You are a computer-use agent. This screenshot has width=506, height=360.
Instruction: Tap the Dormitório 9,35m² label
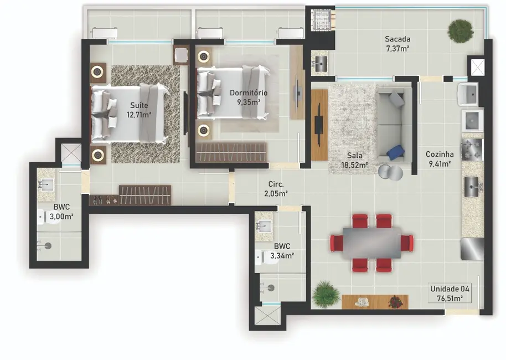tap(249, 97)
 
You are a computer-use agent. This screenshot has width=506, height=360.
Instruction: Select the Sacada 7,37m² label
tap(397, 44)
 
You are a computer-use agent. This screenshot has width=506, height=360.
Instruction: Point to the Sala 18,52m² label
tap(354, 161)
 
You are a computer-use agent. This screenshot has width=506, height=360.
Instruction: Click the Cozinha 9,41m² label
tap(440, 159)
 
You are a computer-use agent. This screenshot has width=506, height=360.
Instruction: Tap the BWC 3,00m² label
tap(61, 212)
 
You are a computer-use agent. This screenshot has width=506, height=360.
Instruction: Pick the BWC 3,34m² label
tap(282, 251)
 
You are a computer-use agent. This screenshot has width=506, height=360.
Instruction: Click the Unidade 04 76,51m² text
tap(450, 293)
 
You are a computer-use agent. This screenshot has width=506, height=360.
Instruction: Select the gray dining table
tap(371, 243)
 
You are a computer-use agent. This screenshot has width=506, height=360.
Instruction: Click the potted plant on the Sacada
tap(461, 31)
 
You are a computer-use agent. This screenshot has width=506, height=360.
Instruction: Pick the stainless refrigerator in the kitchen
tap(472, 249)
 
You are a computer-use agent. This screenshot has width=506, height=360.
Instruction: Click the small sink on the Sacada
tap(320, 62)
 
